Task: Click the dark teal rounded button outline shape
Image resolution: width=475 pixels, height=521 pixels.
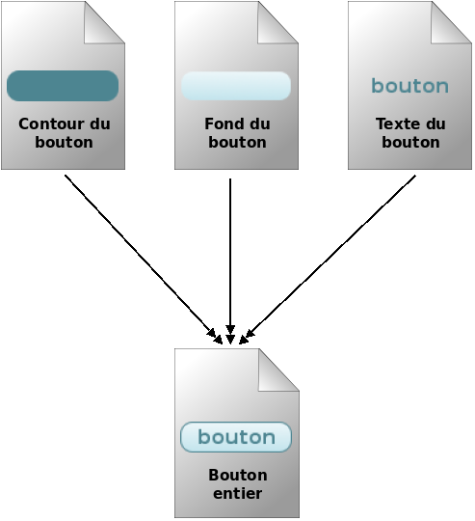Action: pos(63,86)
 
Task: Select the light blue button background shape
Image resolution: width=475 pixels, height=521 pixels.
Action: pos(236,86)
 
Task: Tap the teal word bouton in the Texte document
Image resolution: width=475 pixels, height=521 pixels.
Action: pos(409,86)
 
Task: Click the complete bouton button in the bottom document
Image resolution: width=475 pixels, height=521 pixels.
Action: pos(236,437)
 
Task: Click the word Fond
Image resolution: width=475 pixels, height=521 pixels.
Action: pos(224,124)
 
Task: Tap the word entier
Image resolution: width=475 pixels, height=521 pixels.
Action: pos(237,493)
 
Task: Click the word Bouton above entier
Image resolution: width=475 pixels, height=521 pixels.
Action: pos(237,476)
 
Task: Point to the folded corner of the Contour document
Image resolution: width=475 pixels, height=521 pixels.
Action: pos(103,23)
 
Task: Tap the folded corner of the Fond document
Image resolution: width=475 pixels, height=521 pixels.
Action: pos(277,23)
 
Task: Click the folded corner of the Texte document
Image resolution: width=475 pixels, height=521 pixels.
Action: pos(450,23)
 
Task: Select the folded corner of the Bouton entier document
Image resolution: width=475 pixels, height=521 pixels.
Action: pos(277,370)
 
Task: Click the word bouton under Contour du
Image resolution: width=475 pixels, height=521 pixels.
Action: pos(64,142)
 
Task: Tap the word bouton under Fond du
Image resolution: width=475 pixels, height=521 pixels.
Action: pos(237,142)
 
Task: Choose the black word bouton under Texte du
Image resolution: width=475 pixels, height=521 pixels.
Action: pos(410,142)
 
